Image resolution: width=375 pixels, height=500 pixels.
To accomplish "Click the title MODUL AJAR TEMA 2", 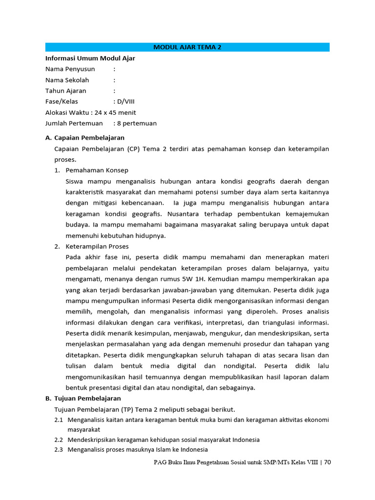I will [187, 47].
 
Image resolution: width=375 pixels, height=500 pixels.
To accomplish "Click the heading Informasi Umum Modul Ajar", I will [90, 58].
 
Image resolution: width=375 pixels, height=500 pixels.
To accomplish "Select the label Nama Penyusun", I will [70, 69].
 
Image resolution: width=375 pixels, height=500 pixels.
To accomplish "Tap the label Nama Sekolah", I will [67, 80].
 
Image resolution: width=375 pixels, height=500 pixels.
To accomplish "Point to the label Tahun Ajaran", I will [66, 91].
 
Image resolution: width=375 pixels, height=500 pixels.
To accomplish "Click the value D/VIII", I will [127, 102].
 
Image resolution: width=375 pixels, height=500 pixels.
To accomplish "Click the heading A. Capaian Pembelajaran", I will [85, 138].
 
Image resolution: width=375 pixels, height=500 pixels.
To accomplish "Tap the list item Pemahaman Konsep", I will [97, 170].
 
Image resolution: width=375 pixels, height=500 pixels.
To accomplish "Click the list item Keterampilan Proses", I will [97, 247].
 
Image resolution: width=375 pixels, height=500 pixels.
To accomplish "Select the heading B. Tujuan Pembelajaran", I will [83, 398].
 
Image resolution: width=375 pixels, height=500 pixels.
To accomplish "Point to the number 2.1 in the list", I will [59, 420].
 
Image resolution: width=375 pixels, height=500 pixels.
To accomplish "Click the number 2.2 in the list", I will [59, 440].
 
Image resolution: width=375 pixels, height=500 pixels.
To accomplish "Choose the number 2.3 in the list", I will [59, 450].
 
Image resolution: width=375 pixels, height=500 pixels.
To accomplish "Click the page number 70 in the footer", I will [327, 462].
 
